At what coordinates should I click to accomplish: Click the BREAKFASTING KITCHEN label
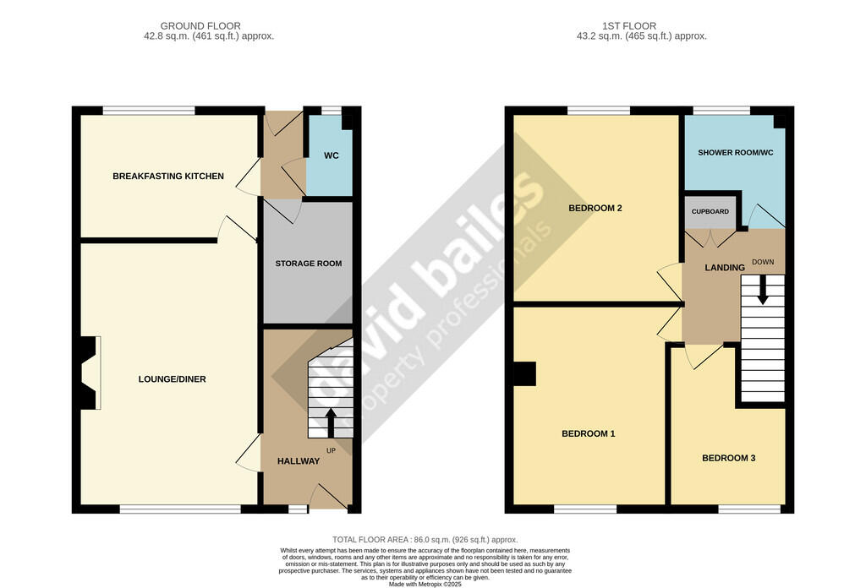point(168,176)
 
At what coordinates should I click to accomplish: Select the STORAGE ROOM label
point(308,264)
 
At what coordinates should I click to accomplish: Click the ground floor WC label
point(331,155)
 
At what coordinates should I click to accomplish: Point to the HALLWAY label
point(299,461)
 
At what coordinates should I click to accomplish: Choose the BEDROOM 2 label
point(595,208)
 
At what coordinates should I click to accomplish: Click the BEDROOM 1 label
point(589,433)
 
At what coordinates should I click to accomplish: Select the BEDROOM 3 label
point(728,458)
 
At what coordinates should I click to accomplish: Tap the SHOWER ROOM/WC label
point(735,152)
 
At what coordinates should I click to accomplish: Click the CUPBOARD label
point(710,211)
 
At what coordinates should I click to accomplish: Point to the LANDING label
point(725,268)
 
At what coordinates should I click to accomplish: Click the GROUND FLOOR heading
point(200,26)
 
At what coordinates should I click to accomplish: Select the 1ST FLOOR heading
point(629,26)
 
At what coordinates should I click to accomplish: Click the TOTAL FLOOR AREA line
point(425,540)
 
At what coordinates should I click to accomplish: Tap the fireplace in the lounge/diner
point(88,373)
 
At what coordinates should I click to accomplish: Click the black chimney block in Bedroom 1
point(524,373)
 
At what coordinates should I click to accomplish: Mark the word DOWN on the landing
point(763,262)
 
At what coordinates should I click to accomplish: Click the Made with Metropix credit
point(425,584)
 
